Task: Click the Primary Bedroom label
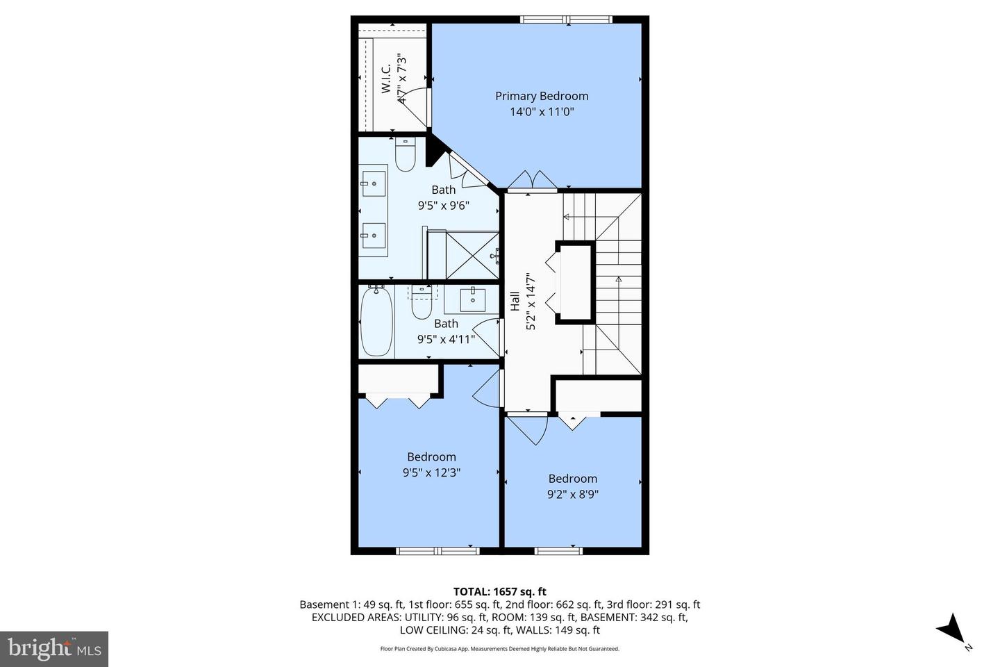pos(541,96)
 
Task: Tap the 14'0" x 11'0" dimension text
pos(541,112)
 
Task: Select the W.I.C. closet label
pos(385,79)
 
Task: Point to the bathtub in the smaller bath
pos(376,322)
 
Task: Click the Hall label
pos(515,300)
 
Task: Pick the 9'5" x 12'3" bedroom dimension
pos(431,472)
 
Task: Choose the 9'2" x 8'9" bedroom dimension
pos(572,495)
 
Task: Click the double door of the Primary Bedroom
pos(532,180)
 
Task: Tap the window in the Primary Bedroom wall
pos(566,19)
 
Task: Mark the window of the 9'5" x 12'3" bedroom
pos(437,551)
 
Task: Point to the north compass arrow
pos(951,628)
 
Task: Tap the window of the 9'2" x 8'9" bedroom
pos(558,551)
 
